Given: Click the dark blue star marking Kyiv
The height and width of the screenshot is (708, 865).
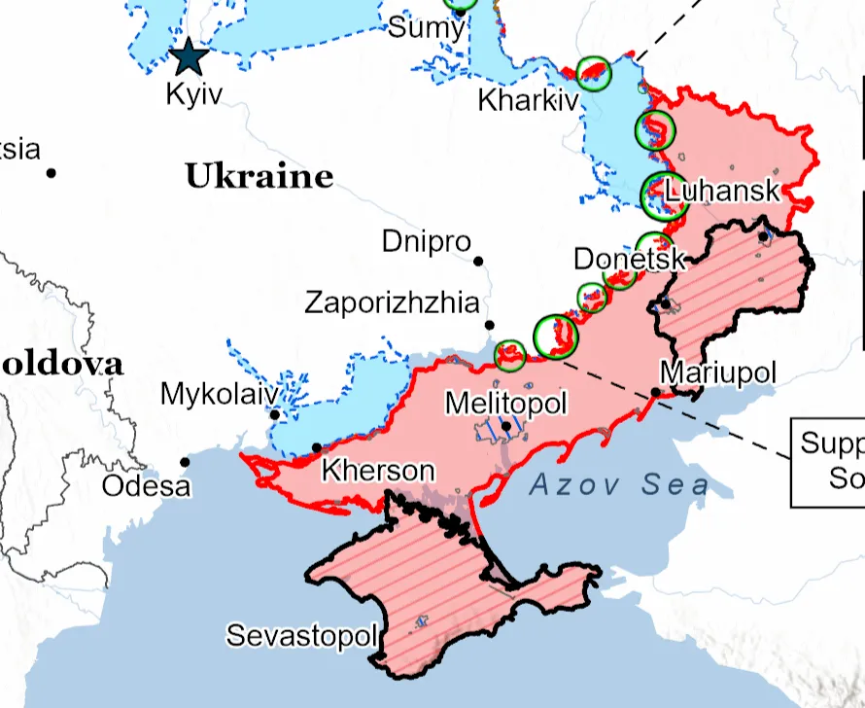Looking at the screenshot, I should coord(189,58).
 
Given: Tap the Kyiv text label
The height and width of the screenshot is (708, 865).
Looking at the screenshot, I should coord(194,94).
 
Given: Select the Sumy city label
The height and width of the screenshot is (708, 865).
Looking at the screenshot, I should coord(426,27).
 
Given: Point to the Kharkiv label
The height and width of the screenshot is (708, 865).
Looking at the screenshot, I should coord(528,100).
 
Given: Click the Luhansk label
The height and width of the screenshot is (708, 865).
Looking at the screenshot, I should coord(724,190).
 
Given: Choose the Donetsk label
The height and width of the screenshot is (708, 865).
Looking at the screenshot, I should coord(629,259).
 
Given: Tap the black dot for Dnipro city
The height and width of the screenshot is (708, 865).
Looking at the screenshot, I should coord(478,261).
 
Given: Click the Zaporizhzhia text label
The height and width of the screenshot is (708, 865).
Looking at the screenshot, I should coord(393,301).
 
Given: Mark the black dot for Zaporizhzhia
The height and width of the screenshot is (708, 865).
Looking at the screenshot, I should coord(490,325).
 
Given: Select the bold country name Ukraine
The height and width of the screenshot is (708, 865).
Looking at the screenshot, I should coord(259,177).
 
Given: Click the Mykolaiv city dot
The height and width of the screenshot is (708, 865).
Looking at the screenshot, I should coord(275,415).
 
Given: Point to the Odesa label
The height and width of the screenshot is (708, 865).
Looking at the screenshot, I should coord(146,485).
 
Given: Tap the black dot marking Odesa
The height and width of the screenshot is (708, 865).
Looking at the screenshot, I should coord(185,462).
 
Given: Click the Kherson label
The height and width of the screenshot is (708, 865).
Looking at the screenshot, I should coord(378,471).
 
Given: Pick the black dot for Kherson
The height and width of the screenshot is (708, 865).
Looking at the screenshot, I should coord(317,447).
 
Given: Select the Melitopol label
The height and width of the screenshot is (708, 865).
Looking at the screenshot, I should coord(504,403).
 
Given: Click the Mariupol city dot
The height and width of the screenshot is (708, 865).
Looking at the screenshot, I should coord(656,392).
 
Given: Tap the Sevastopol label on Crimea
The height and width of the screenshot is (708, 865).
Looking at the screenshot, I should coord(301,636).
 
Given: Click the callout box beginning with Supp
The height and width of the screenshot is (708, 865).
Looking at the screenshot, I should coord(828,462).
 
